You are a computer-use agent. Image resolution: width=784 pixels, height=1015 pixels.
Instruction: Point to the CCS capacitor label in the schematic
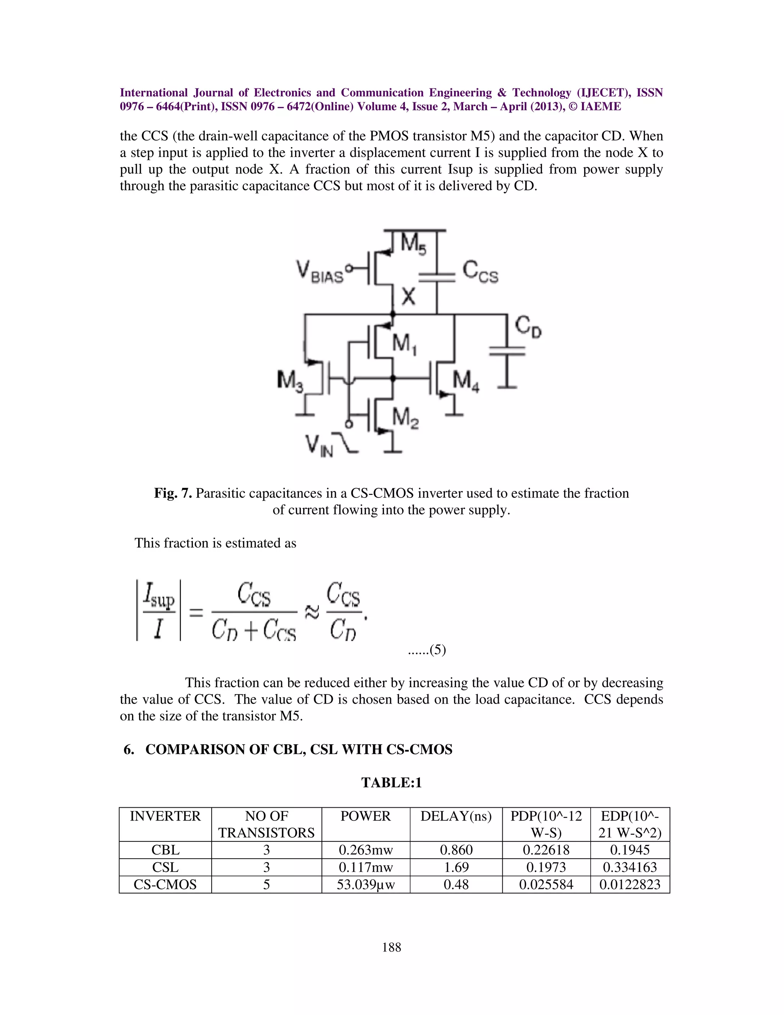point(480,272)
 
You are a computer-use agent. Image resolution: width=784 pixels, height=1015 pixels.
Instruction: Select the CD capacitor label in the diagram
point(528,327)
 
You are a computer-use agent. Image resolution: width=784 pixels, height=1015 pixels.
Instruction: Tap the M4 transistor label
point(466,382)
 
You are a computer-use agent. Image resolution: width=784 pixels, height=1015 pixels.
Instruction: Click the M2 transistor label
point(405,418)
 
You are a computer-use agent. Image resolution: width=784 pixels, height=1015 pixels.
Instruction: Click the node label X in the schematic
point(408,296)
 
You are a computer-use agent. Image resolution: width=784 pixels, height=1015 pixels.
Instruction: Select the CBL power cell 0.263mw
point(366,850)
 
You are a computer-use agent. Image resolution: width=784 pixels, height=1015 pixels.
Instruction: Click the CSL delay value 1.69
point(456,867)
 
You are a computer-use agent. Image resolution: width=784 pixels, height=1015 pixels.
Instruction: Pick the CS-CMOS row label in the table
point(165,884)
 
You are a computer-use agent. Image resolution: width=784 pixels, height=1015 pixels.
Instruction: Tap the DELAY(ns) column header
point(456,817)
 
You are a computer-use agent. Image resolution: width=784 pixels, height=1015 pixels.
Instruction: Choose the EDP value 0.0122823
point(630,884)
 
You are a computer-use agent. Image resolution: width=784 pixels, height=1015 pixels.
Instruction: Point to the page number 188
point(392,947)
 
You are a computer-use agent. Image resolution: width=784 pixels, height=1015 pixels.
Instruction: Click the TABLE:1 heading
point(392,783)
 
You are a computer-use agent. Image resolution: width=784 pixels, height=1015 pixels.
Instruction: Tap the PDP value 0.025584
point(546,884)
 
